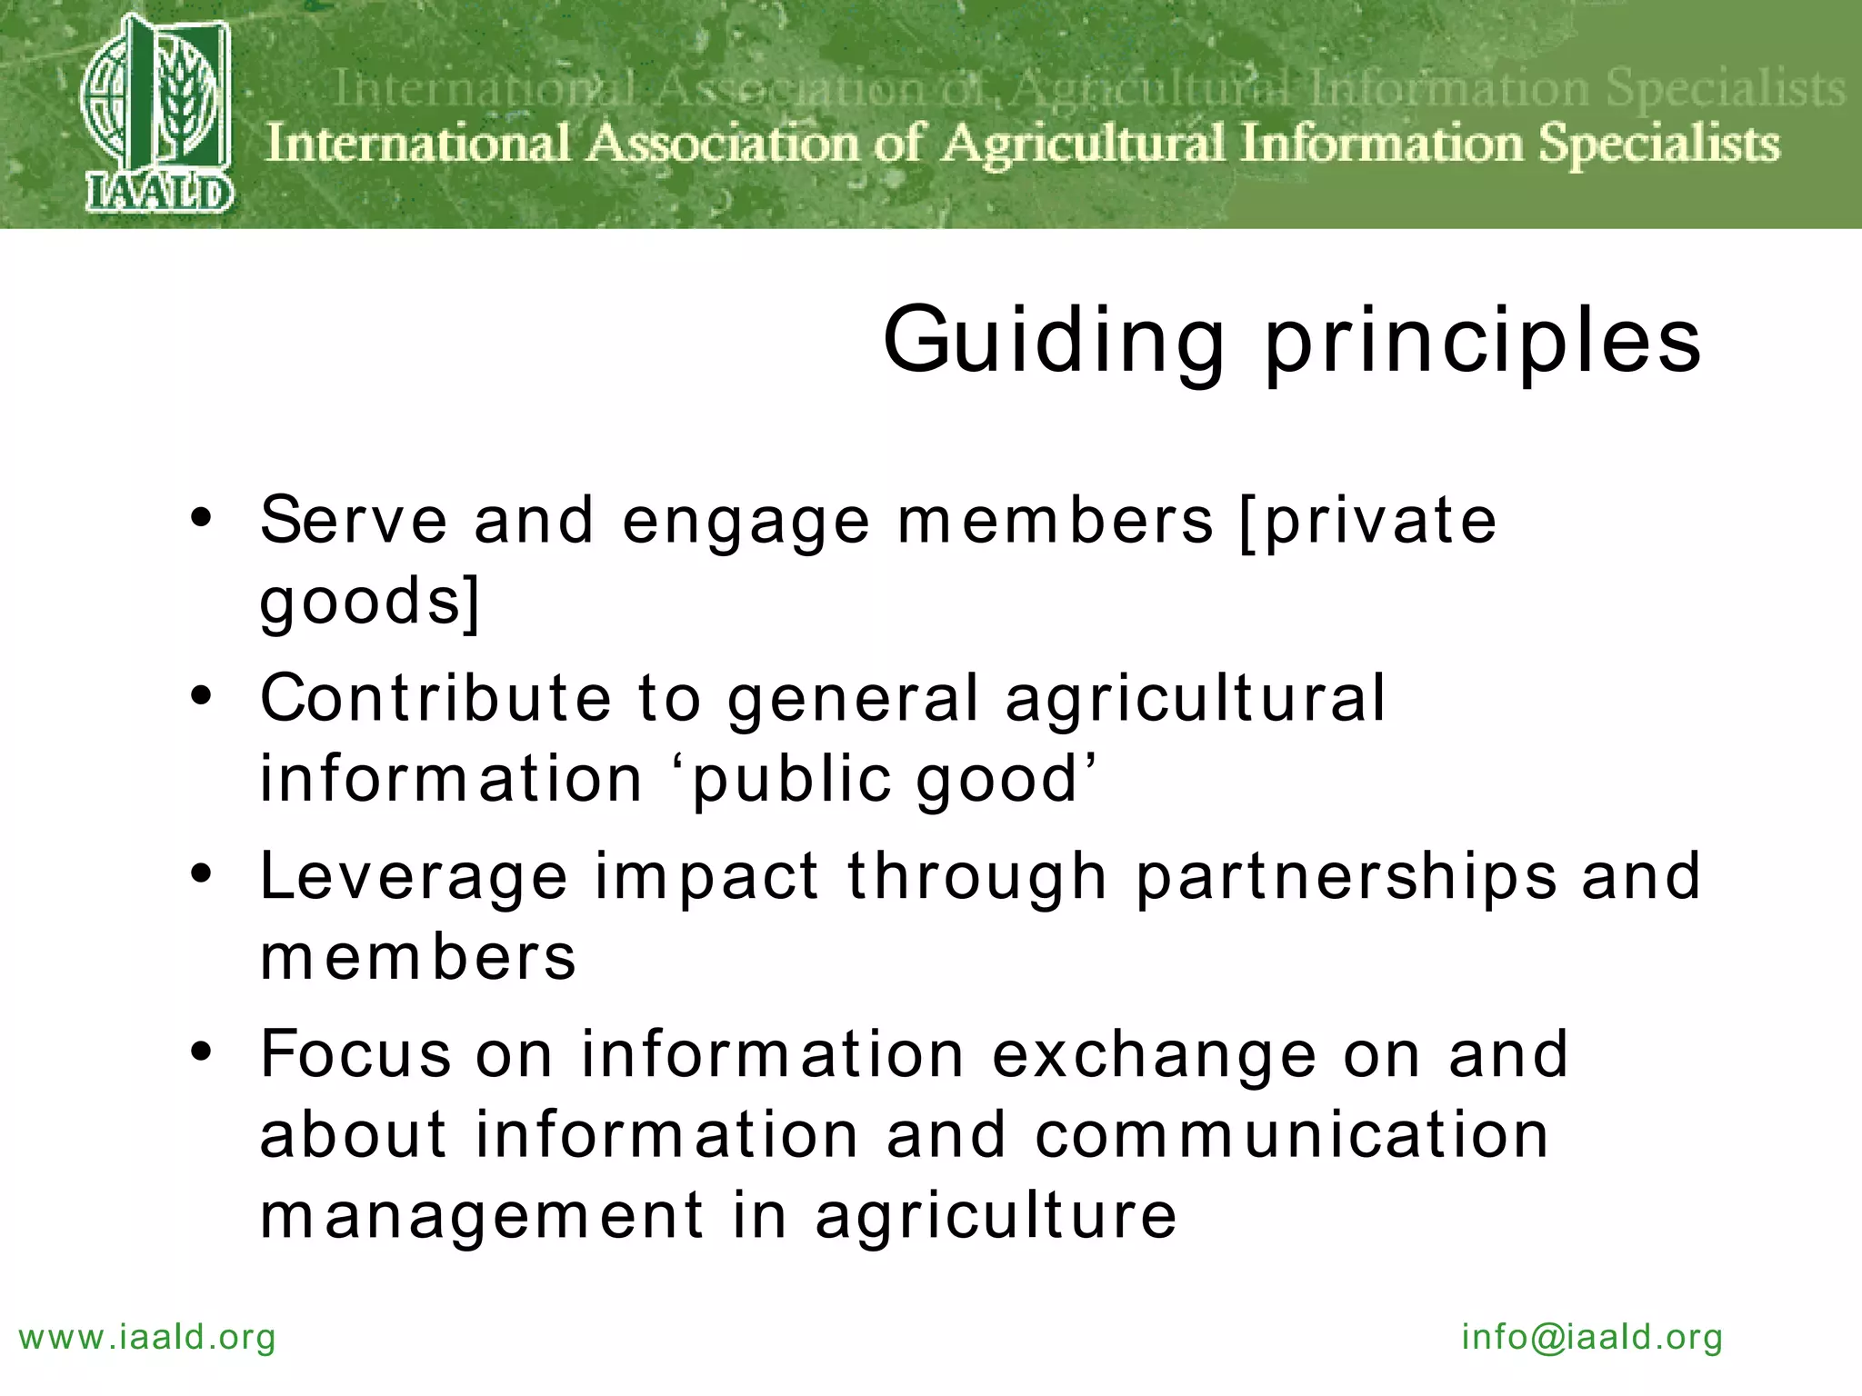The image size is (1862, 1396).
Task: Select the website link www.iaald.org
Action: [x=147, y=1338]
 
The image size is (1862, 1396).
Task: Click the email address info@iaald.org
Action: [x=1592, y=1338]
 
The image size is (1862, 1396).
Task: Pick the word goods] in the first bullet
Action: [x=369, y=602]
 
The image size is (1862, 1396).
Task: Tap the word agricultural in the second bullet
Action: [x=1196, y=700]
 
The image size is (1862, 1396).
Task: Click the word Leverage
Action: [x=415, y=878]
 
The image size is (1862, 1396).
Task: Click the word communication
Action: [x=1292, y=1135]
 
